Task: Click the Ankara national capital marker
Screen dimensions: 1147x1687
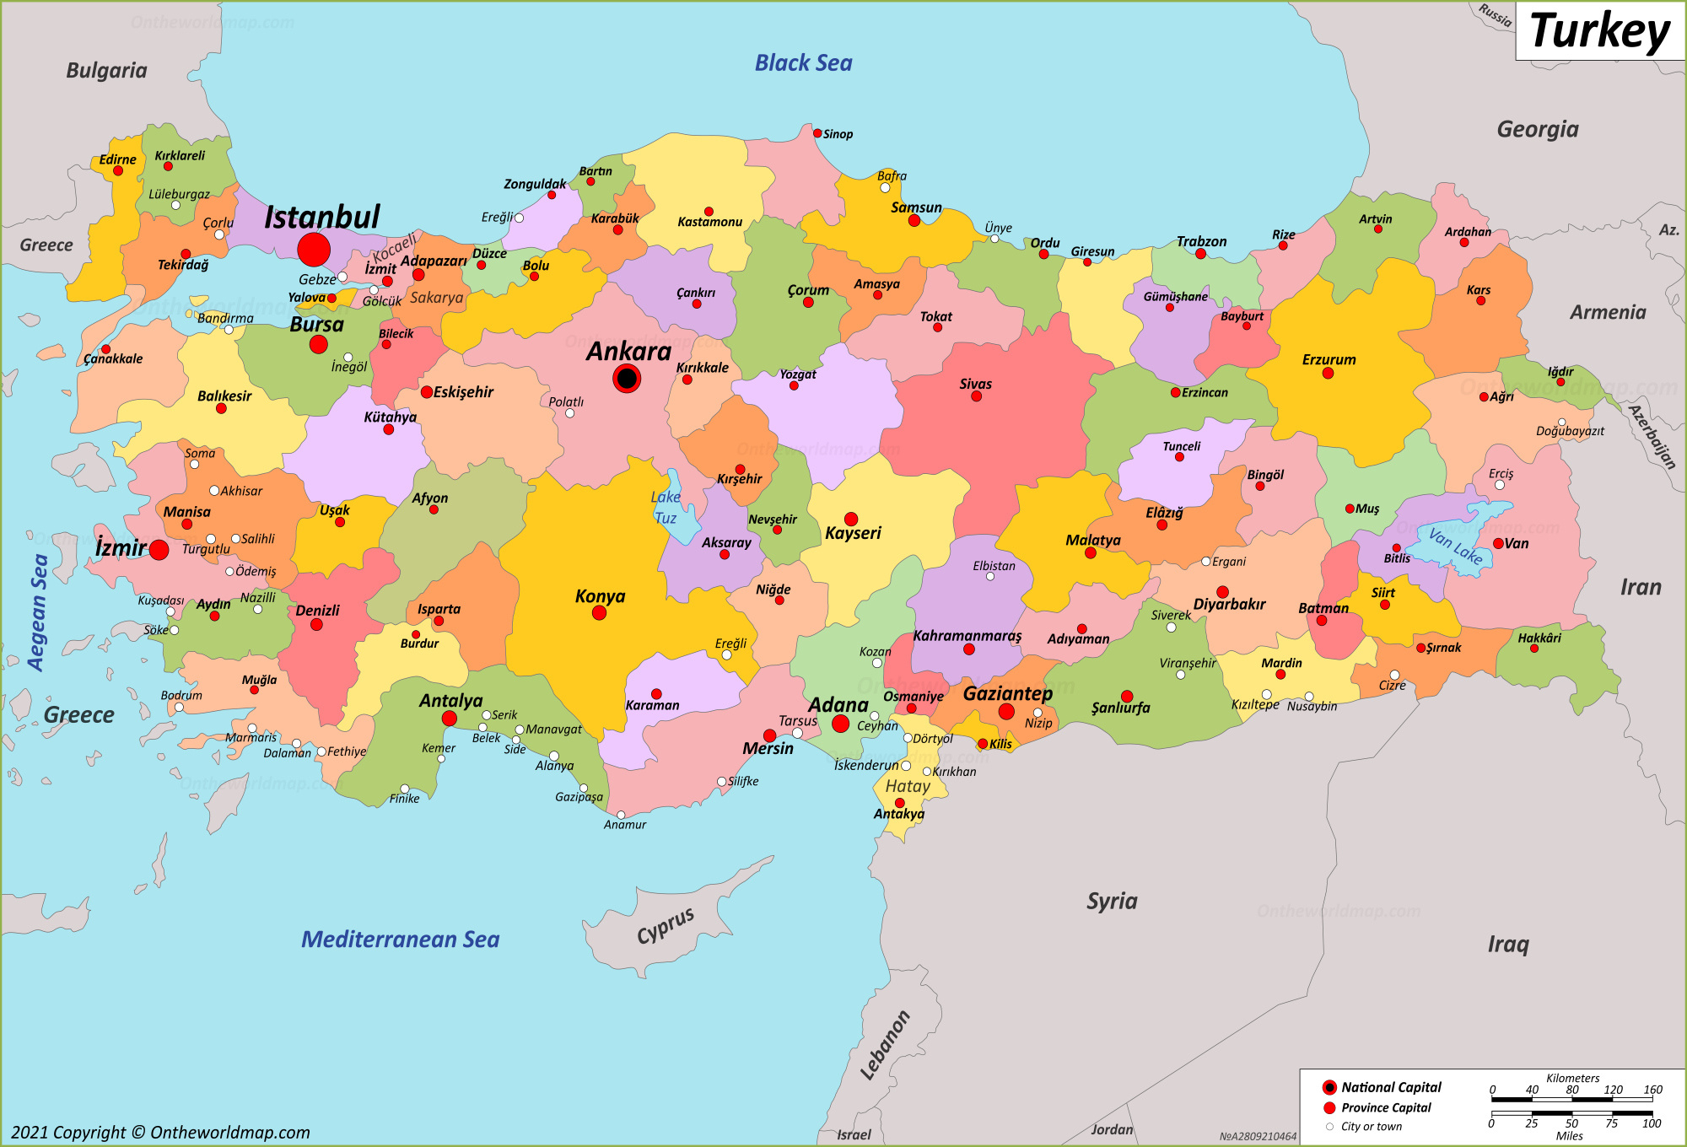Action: [627, 379]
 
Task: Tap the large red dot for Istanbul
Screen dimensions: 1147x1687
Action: [314, 250]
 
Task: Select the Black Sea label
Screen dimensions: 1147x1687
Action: [803, 63]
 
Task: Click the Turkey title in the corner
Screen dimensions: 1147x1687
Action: [1599, 32]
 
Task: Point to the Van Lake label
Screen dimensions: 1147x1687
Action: [1455, 546]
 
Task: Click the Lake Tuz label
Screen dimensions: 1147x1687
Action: [666, 508]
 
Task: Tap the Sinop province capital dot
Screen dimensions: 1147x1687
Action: [817, 133]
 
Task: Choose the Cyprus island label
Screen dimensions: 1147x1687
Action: [666, 926]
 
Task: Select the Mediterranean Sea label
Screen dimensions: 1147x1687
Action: [400, 940]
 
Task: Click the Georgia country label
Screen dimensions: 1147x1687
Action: [1537, 129]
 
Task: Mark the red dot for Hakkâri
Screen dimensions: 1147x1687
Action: [1533, 649]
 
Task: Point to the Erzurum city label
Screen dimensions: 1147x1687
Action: [1329, 359]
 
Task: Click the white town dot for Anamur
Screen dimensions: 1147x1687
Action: [621, 815]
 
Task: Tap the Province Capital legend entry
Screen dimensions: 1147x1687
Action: [1386, 1107]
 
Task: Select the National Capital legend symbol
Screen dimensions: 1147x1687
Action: [1330, 1087]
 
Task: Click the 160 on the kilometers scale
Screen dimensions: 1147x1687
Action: [1652, 1090]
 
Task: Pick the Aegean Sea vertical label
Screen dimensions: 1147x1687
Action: [38, 611]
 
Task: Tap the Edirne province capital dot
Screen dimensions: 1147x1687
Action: [118, 171]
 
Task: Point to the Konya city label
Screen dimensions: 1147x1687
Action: [600, 596]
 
